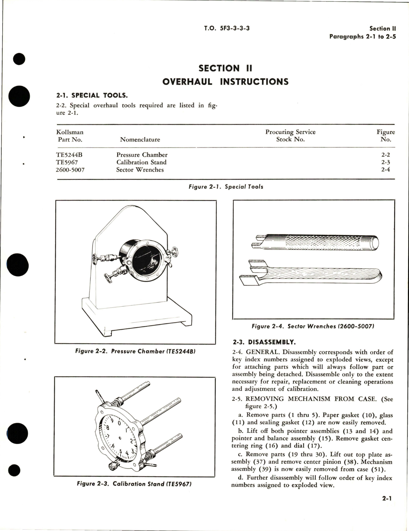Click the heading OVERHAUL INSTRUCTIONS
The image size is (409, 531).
point(225,81)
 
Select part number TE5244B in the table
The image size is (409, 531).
point(70,155)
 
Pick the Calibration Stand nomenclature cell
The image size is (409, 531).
point(141,162)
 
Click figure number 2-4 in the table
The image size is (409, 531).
point(385,170)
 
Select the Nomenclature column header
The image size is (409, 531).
point(140,139)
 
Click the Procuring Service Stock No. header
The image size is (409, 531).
point(290,136)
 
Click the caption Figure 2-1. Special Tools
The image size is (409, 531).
point(226,187)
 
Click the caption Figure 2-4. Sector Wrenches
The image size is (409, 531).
point(313,326)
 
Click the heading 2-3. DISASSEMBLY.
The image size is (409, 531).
point(263,342)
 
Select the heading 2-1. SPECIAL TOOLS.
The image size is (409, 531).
point(92,95)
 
